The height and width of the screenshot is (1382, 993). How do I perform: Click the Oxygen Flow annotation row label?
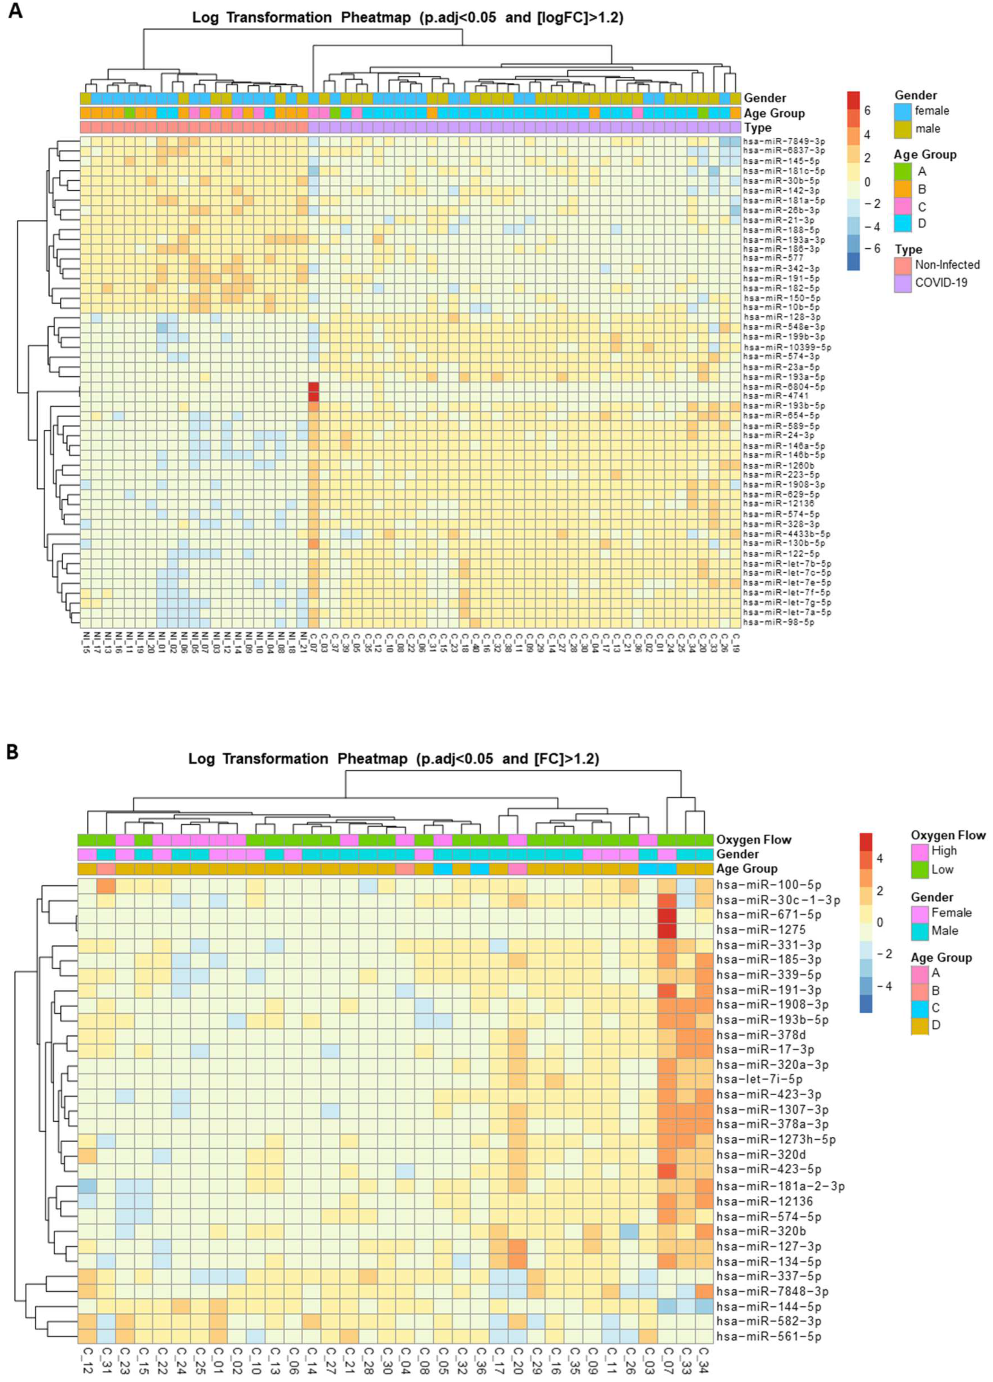[754, 840]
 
